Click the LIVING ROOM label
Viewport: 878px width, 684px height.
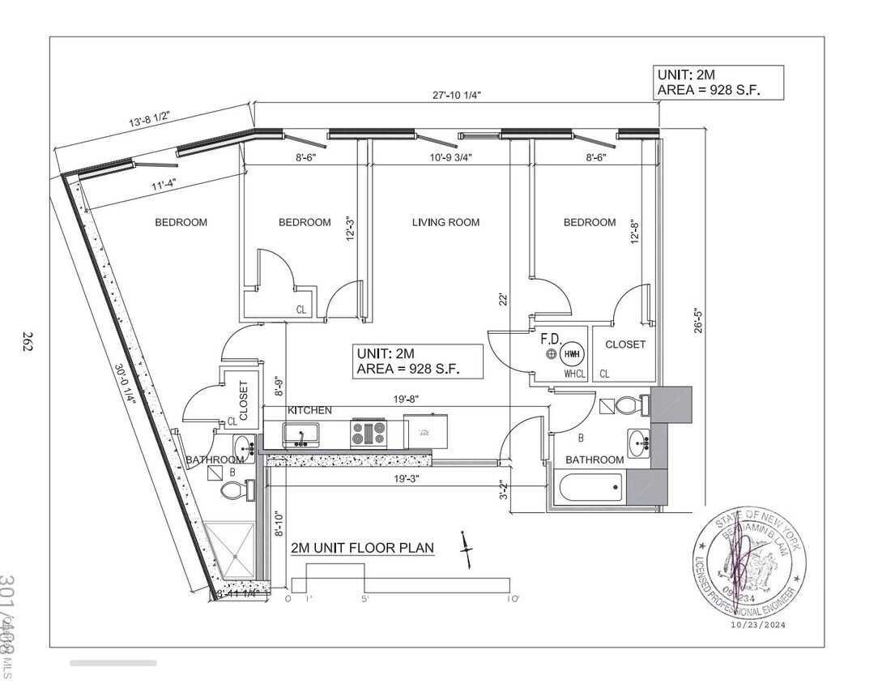coord(445,222)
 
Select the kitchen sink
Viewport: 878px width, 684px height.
coord(301,434)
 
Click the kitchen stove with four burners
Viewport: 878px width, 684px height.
coord(368,434)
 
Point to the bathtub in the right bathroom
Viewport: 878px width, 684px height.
coord(591,487)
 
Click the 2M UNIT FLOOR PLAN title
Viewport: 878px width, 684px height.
coord(362,549)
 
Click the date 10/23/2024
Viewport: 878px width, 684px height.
coord(757,625)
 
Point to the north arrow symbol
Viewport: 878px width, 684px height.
coord(466,551)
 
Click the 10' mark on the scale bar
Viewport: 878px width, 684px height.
coord(513,599)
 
